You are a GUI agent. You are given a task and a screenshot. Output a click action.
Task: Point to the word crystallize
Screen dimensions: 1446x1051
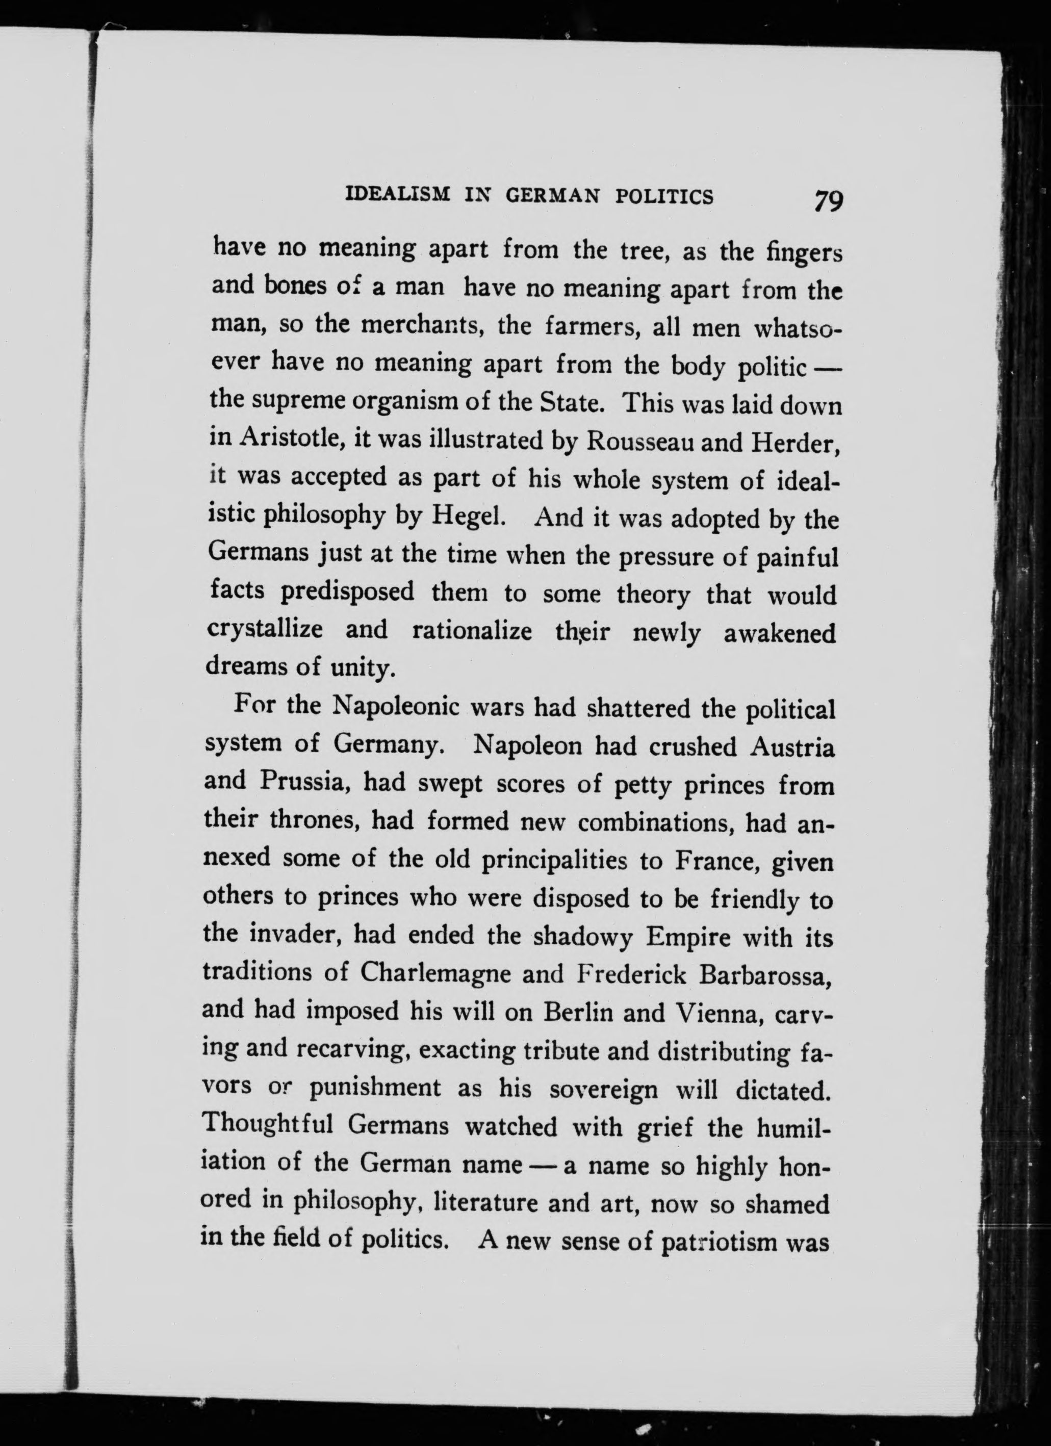click(x=265, y=629)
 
